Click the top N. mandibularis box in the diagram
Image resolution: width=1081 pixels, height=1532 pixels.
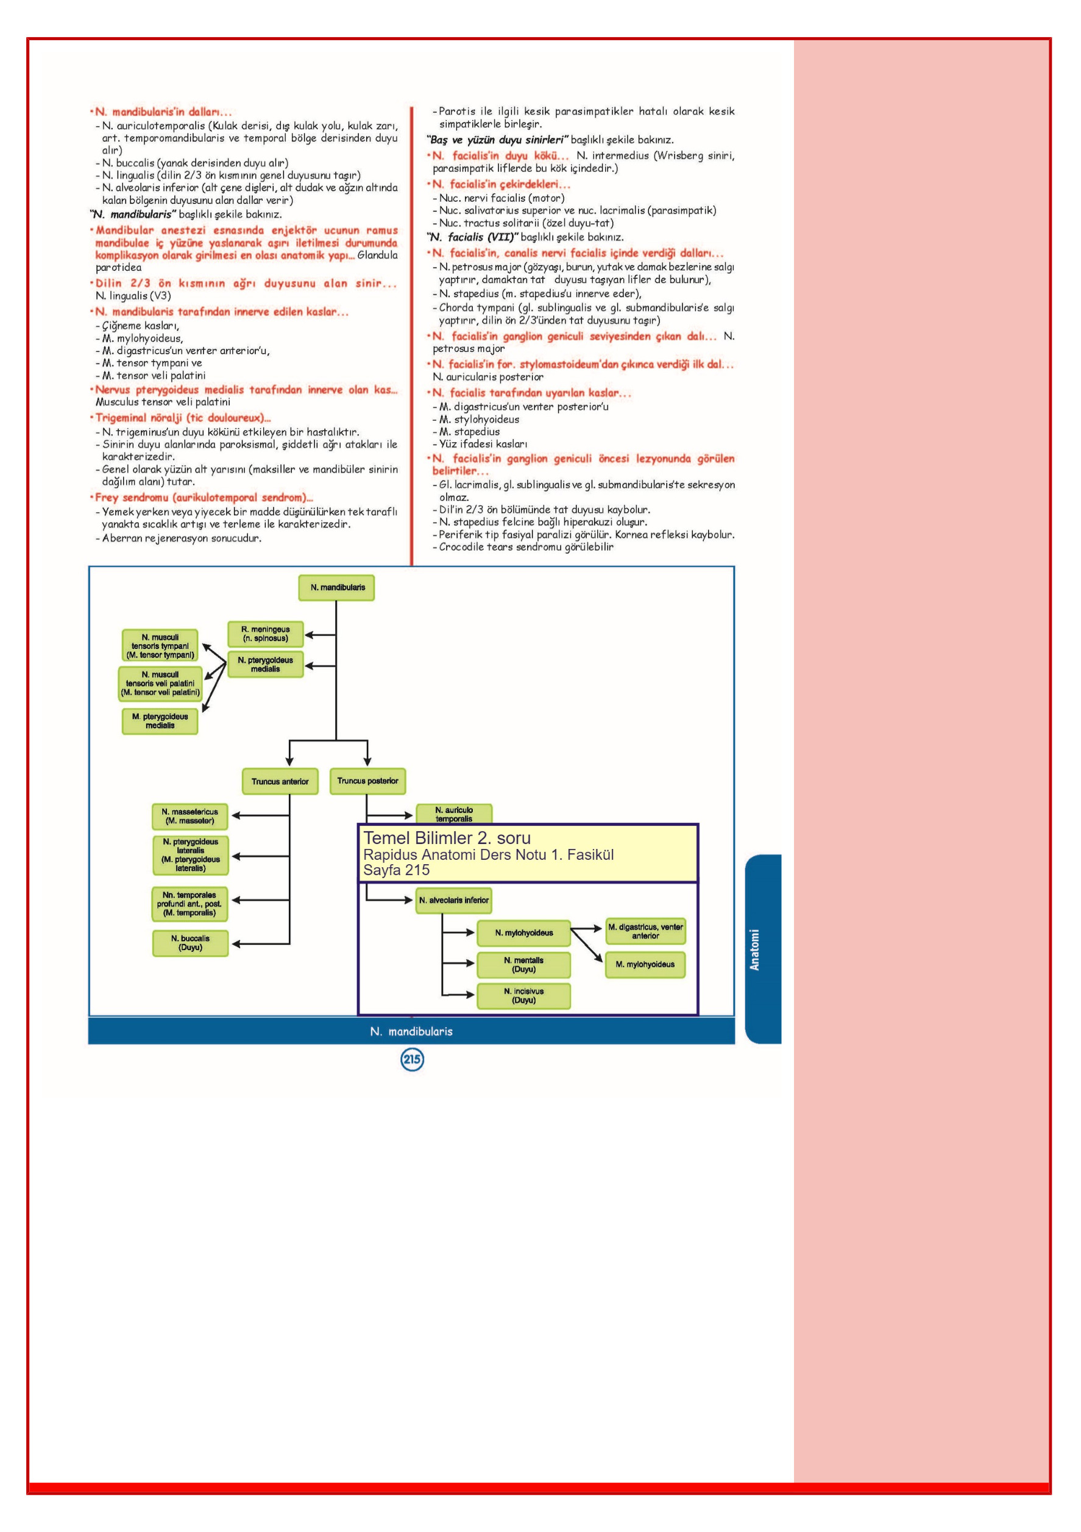tap(337, 588)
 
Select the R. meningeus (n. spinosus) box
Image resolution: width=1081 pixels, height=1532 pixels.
tap(266, 634)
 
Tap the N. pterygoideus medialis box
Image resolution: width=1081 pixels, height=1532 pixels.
tap(266, 665)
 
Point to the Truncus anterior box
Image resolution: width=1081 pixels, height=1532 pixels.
tap(280, 781)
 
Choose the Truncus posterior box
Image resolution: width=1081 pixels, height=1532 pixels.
tap(367, 781)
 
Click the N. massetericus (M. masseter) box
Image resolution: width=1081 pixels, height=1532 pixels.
tap(190, 816)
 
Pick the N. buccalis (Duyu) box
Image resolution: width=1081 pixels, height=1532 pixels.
tap(190, 943)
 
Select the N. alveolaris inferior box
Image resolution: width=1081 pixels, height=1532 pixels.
tap(454, 900)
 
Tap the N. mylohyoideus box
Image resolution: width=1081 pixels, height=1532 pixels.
tap(523, 933)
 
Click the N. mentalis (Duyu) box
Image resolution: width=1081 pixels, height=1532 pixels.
tap(523, 965)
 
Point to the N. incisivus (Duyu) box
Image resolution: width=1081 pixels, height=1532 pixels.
tap(523, 995)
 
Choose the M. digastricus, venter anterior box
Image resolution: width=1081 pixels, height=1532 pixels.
tap(645, 931)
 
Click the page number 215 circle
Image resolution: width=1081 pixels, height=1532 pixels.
tap(412, 1059)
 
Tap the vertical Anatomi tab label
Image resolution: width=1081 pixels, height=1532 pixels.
tap(755, 950)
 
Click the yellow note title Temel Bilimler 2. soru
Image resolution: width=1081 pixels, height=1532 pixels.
tap(447, 838)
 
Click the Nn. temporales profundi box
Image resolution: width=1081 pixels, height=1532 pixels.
tap(190, 904)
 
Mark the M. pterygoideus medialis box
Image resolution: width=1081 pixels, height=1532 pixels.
tap(160, 721)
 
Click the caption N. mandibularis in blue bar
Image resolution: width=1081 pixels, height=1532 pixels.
tap(411, 1031)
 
